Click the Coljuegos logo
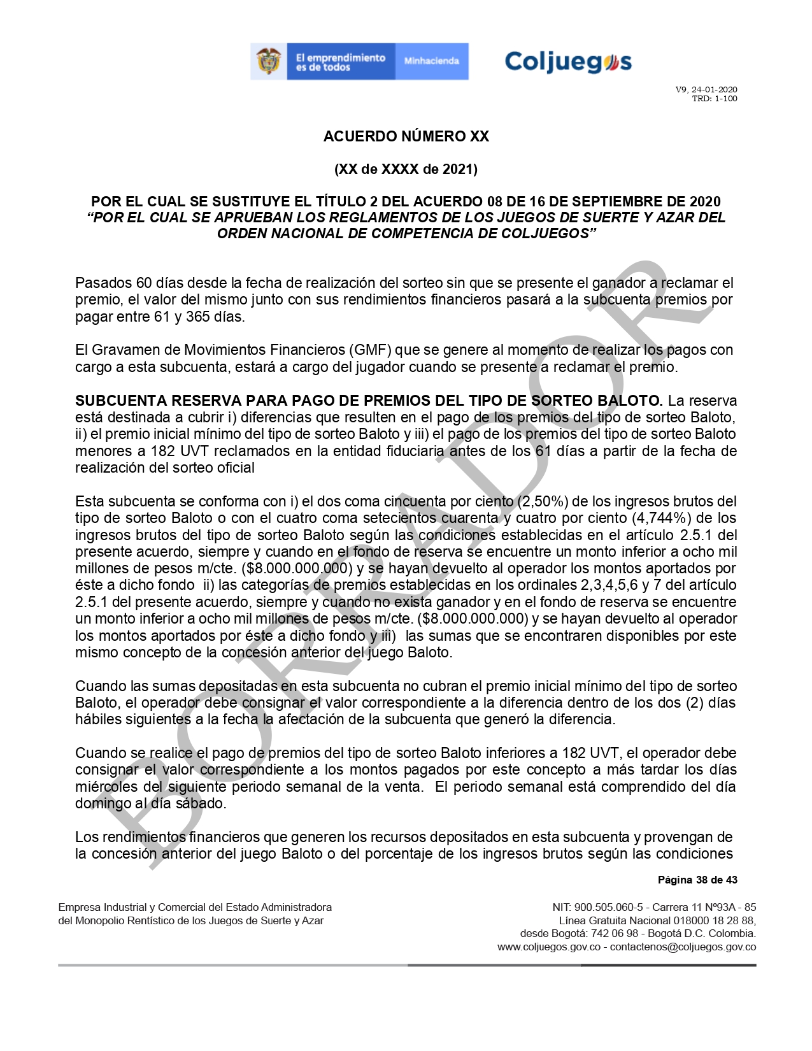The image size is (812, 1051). (x=568, y=62)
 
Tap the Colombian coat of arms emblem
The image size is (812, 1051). (x=269, y=62)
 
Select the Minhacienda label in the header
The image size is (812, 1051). (x=431, y=61)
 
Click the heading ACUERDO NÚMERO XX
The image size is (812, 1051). (x=406, y=136)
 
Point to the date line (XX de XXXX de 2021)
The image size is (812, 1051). (x=406, y=169)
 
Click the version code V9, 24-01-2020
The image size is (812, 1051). (x=706, y=90)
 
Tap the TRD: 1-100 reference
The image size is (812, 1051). (x=715, y=99)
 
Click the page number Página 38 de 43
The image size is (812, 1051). (x=697, y=880)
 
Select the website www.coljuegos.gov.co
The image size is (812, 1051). (x=549, y=947)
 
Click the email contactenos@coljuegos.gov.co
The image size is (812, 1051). (x=683, y=947)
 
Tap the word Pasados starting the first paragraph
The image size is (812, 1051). (x=102, y=283)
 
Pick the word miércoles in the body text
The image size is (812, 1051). (x=103, y=787)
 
